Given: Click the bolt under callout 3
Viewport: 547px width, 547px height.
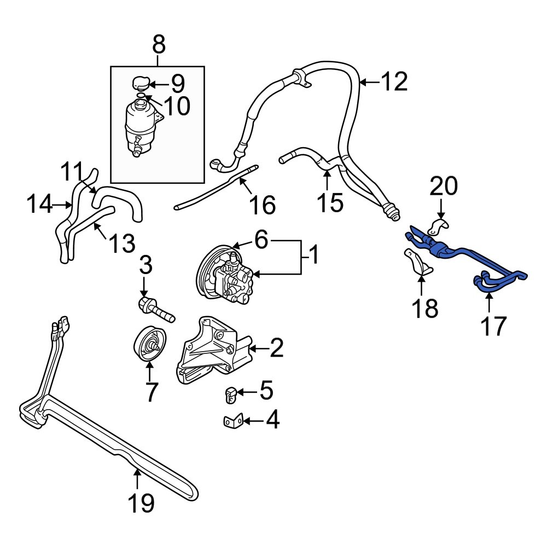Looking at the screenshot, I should pyautogui.click(x=155, y=309).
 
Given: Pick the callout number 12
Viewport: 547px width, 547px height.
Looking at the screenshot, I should pyautogui.click(x=394, y=82).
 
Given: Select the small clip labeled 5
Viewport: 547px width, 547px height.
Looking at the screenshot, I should pyautogui.click(x=230, y=394).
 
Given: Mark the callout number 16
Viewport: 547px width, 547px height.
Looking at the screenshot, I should pyautogui.click(x=261, y=205).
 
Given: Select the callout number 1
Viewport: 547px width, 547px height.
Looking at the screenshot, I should pyautogui.click(x=314, y=254).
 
